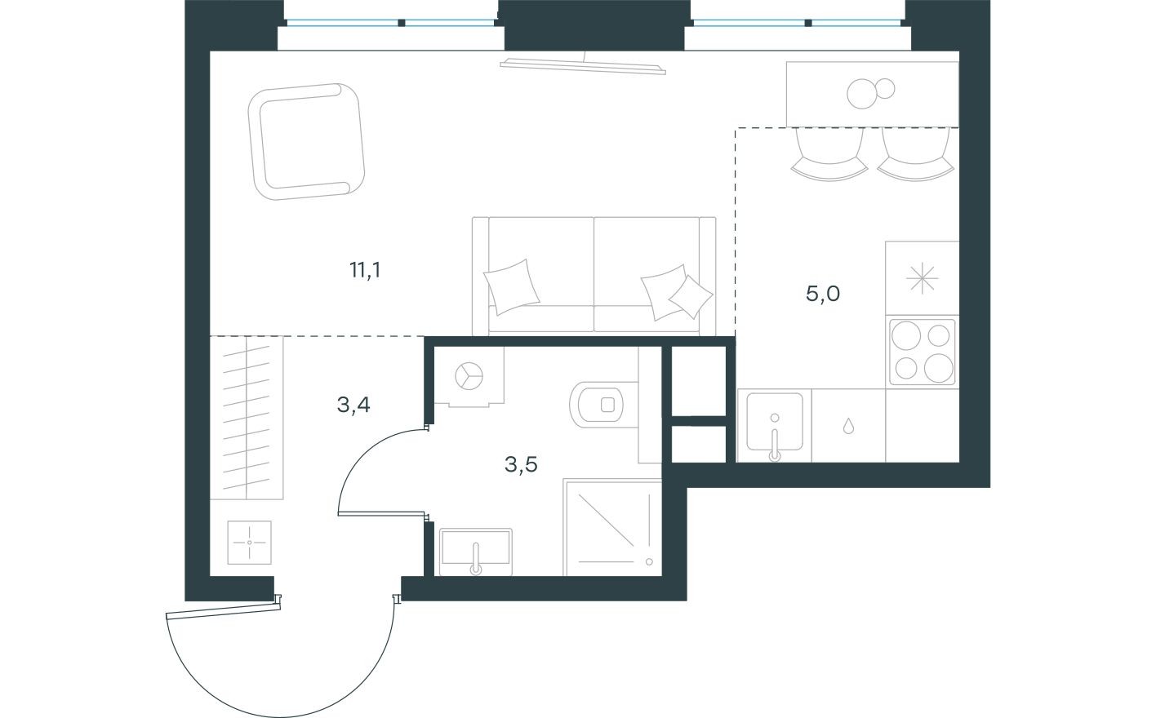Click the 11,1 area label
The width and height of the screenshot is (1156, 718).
coord(365,270)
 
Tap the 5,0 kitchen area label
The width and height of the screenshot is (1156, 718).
coord(822,294)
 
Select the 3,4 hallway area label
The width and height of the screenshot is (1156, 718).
coord(353,403)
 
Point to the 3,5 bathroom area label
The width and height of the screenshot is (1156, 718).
coord(521,465)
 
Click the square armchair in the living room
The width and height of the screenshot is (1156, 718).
coord(306,140)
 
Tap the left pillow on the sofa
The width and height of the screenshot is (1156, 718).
coord(512,286)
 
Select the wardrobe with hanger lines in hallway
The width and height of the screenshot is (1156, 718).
coord(247,418)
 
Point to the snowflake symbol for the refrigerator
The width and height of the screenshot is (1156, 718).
coord(922,279)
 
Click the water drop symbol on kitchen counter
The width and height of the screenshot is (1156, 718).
coord(849,425)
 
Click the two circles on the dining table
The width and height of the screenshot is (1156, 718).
coord(870,91)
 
